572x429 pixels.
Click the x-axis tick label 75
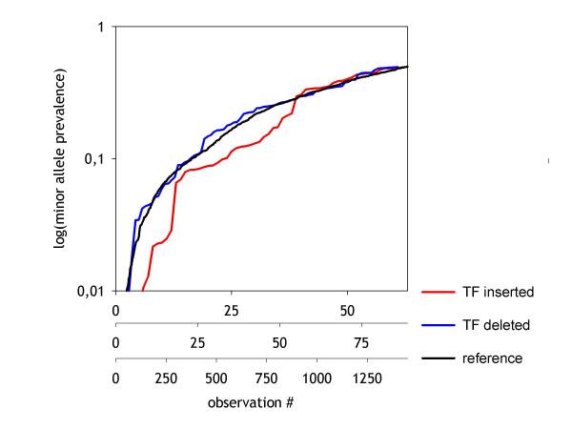click(x=361, y=342)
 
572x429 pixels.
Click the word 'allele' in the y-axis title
click(x=60, y=168)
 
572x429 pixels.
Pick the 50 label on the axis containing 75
click(x=279, y=342)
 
